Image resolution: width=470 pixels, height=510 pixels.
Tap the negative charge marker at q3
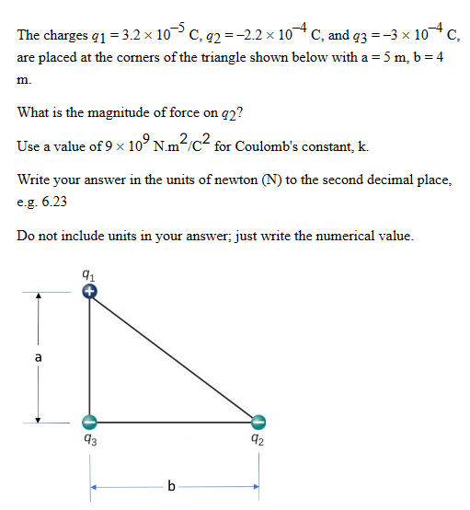89,422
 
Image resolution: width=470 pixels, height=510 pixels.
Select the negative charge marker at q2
258,422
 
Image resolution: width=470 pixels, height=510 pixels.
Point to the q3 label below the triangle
88,442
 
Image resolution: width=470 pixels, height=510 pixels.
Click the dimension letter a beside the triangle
38,357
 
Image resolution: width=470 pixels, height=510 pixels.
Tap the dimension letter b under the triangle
174,485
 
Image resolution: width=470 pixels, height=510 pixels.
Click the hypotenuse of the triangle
174,357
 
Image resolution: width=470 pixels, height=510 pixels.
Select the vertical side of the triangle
89,359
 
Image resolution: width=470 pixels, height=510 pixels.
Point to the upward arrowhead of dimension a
38,297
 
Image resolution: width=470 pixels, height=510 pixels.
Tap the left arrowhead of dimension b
94,485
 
